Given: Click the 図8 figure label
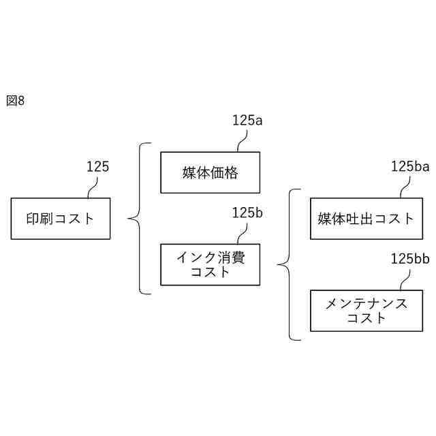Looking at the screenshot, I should (15, 101).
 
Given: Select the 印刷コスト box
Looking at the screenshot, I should (60, 219).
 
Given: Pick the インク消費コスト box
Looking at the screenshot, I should (210, 264).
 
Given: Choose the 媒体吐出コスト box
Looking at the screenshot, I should (366, 219).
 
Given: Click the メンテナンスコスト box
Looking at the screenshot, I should (366, 311).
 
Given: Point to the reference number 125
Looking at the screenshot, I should (97, 166).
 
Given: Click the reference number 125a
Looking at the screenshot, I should (247, 121).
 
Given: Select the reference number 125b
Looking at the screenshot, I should (247, 213).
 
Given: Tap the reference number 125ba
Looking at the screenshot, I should (410, 166).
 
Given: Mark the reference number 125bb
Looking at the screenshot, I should (410, 259).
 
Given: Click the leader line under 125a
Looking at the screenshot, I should (242, 140).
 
